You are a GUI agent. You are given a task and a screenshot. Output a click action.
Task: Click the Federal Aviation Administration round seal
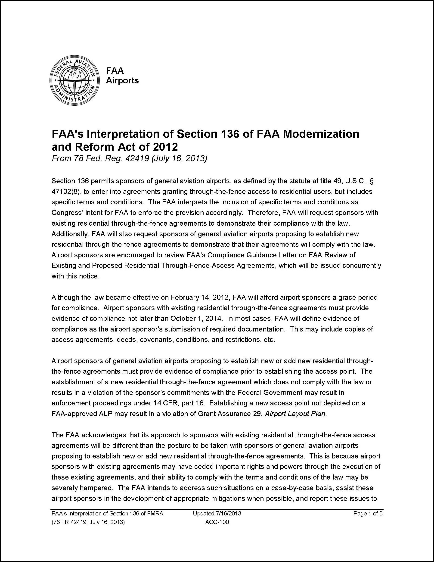point(74,81)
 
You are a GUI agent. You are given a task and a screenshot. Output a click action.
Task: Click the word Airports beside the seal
point(122,81)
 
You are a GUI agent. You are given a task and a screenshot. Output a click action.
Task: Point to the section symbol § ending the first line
point(371,181)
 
